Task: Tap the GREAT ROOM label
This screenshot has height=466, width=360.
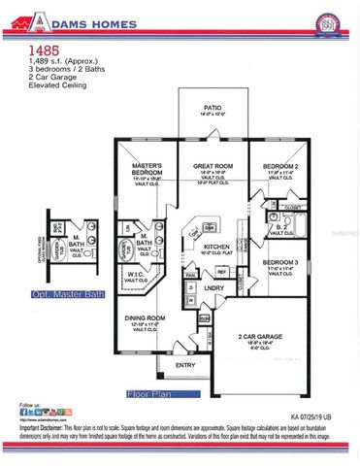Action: tap(212, 166)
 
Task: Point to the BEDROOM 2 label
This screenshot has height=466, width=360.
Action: tap(281, 166)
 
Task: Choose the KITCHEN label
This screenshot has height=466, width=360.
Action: tap(215, 247)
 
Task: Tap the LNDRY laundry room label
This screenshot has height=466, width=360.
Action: tap(213, 288)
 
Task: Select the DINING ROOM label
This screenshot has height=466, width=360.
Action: tap(146, 317)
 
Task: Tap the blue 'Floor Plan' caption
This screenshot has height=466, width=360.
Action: tap(150, 394)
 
